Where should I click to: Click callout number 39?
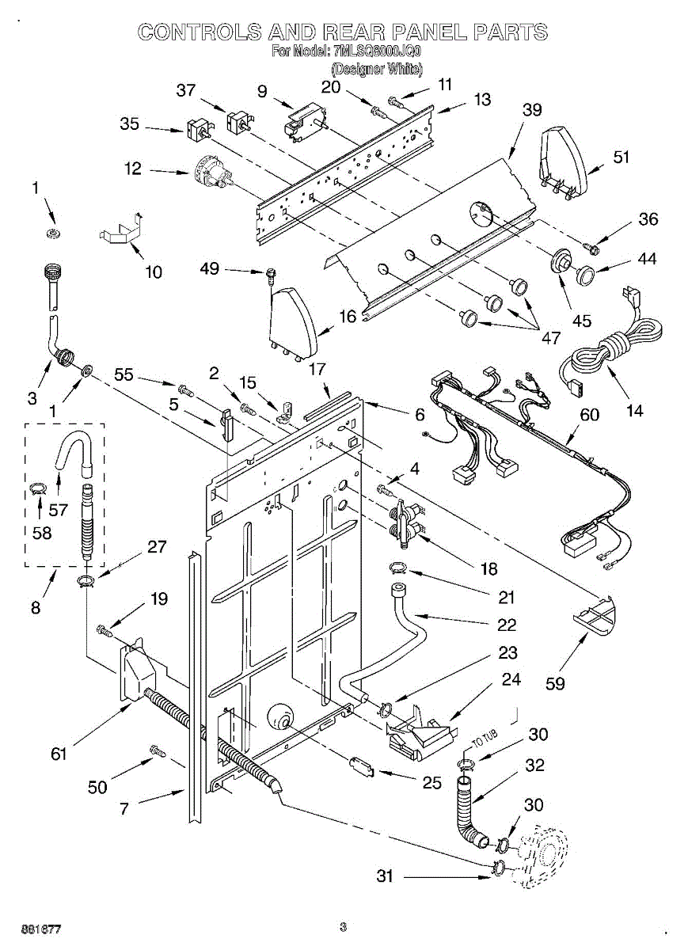532,111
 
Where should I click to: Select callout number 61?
59,754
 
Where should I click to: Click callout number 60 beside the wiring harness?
589,414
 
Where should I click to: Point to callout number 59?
556,682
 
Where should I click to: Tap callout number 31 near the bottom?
385,876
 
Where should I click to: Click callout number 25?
431,783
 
